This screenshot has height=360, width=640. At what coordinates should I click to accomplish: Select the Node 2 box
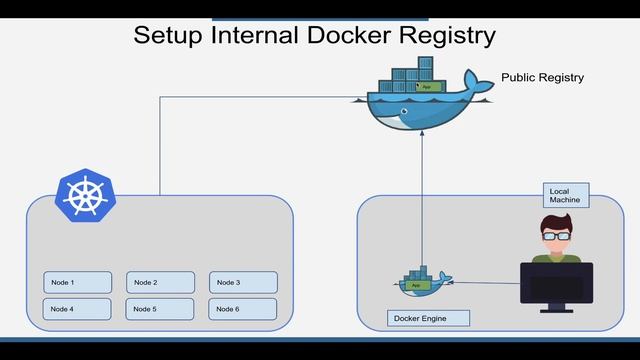pos(160,283)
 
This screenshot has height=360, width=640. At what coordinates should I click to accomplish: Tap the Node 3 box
pos(243,283)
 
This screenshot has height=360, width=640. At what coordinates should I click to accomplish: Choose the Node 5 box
pos(160,309)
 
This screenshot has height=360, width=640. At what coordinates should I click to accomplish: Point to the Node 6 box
pos(243,309)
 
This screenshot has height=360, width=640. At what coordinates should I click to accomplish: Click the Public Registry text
pos(543,77)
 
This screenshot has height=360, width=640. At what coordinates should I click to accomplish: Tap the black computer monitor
pos(556,285)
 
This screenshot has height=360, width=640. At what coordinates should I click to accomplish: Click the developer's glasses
pos(556,237)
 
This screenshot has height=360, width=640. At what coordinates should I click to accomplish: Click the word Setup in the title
pos(171,35)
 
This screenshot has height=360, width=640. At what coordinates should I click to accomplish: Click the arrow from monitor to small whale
pos(485,282)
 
